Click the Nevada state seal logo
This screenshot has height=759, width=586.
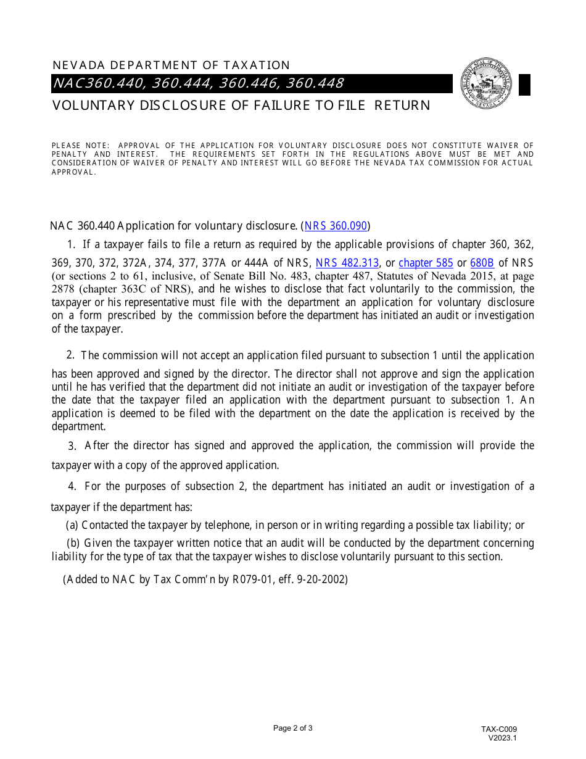[486, 84]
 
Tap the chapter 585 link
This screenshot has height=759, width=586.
[426, 263]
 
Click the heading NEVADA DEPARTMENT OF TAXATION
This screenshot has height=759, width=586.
[171, 65]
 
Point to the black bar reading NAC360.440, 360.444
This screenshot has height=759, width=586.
[199, 83]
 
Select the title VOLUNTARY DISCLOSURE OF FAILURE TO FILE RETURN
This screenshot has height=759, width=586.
[241, 106]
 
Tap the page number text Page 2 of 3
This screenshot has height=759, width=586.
[293, 728]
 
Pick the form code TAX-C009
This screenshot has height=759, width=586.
[500, 729]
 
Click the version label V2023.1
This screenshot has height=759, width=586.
[502, 737]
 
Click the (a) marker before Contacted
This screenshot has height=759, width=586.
[72, 525]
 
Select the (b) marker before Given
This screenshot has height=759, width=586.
[73, 543]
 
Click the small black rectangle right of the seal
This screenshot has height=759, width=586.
[524, 85]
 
